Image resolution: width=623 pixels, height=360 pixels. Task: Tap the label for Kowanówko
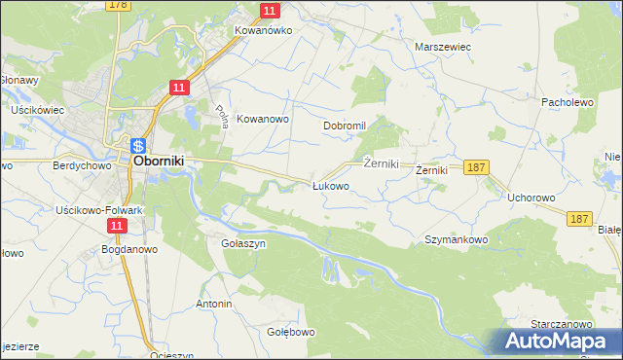263,30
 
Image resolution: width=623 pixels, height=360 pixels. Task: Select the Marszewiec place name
443,46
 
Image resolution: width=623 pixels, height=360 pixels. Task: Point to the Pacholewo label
568,101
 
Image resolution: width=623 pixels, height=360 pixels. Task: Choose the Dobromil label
345,126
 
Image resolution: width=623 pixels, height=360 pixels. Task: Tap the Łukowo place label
330,185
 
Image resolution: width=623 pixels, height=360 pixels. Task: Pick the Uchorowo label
531,198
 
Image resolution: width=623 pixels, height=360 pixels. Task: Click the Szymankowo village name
456,239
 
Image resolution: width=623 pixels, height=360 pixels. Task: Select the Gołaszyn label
243,244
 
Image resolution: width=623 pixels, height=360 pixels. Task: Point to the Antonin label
214,305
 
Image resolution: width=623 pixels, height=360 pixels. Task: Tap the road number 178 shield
119,5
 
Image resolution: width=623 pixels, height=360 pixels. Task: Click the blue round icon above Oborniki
139,144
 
